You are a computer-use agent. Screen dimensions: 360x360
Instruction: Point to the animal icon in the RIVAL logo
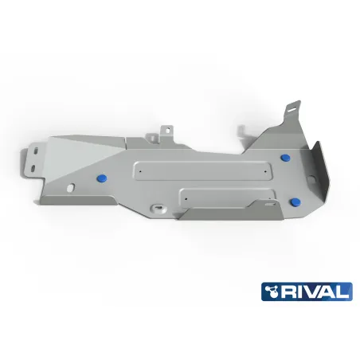(x=278, y=292)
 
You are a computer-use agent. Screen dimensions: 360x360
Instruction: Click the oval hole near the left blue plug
(x=72, y=188)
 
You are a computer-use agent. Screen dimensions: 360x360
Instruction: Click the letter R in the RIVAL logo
(x=295, y=292)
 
